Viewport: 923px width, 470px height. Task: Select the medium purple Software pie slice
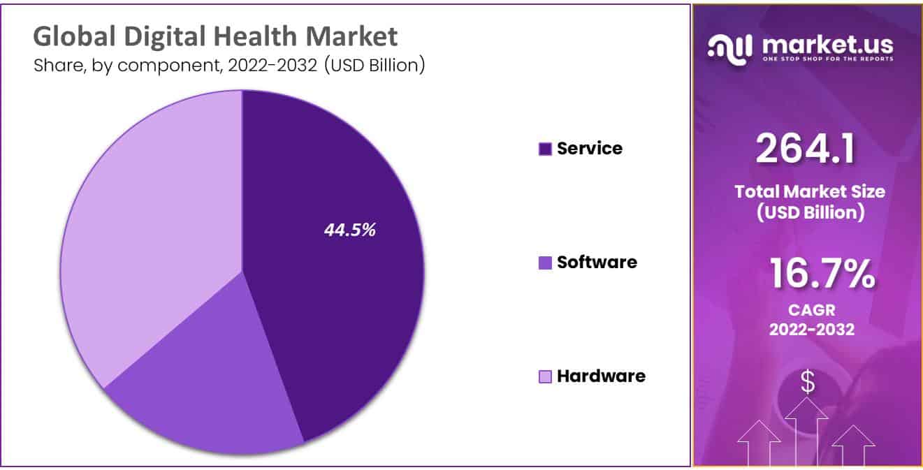[x=203, y=391]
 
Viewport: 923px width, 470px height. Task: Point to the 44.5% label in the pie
[x=349, y=230]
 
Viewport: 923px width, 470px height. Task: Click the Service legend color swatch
[x=546, y=149]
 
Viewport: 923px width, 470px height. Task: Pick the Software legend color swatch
[x=546, y=263]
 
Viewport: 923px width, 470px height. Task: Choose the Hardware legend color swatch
[x=546, y=377]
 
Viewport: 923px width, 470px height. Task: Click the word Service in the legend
[x=589, y=148]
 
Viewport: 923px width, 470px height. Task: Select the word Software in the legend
[x=597, y=262]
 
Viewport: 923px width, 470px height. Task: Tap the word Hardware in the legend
[x=601, y=376]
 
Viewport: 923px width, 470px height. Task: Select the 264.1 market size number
[x=805, y=149]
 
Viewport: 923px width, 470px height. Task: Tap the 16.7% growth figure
[x=822, y=273]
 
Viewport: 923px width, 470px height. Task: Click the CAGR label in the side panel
[x=811, y=309]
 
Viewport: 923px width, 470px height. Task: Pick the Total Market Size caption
[x=810, y=191]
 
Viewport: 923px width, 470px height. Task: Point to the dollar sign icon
[x=808, y=382]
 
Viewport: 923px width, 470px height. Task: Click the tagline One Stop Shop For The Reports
[x=827, y=59]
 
